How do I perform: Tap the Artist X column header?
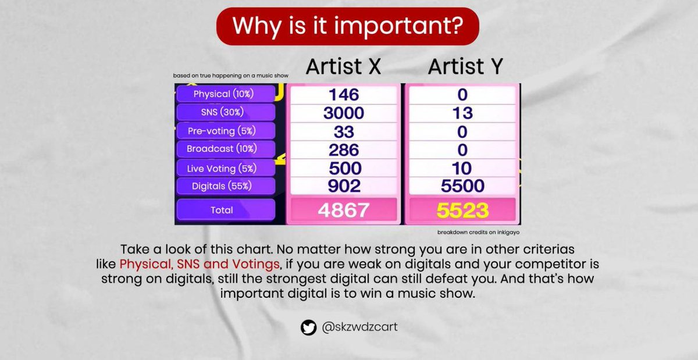pyautogui.click(x=343, y=67)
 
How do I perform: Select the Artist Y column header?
pyautogui.click(x=465, y=67)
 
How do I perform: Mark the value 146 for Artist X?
pyautogui.click(x=343, y=94)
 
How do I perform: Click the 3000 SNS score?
pyautogui.click(x=343, y=113)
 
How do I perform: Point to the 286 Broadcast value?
pyautogui.click(x=343, y=150)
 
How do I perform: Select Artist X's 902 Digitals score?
pyautogui.click(x=343, y=186)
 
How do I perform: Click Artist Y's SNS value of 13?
pyautogui.click(x=462, y=113)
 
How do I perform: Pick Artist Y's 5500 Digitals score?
pyautogui.click(x=462, y=186)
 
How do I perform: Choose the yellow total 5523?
pyautogui.click(x=462, y=210)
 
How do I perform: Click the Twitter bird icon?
pyautogui.click(x=308, y=328)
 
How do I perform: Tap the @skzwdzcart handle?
pyautogui.click(x=359, y=328)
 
